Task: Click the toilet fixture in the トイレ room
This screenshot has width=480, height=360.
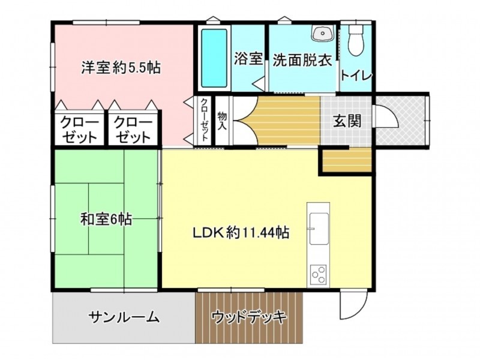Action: [356, 40]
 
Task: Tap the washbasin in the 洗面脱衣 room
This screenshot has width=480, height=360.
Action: [322, 32]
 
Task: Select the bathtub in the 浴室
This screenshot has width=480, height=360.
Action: [214, 58]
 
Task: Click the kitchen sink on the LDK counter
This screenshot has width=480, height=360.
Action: [319, 229]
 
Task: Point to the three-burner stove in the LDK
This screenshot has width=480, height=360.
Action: [319, 275]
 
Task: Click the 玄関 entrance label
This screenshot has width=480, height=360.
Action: [347, 121]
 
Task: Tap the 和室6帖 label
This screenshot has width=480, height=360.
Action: [106, 219]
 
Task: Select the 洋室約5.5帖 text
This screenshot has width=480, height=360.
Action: [121, 67]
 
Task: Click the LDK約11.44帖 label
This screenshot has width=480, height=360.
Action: [241, 233]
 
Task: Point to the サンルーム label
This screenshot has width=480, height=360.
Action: [124, 317]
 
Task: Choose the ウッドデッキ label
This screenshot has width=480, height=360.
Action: [249, 317]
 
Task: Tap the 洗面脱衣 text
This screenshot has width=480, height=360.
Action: [302, 60]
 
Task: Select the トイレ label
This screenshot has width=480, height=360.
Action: [356, 76]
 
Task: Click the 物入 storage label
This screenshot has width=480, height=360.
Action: [222, 121]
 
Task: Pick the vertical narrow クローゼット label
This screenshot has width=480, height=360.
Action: [204, 119]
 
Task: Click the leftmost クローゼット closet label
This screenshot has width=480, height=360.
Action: [80, 130]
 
